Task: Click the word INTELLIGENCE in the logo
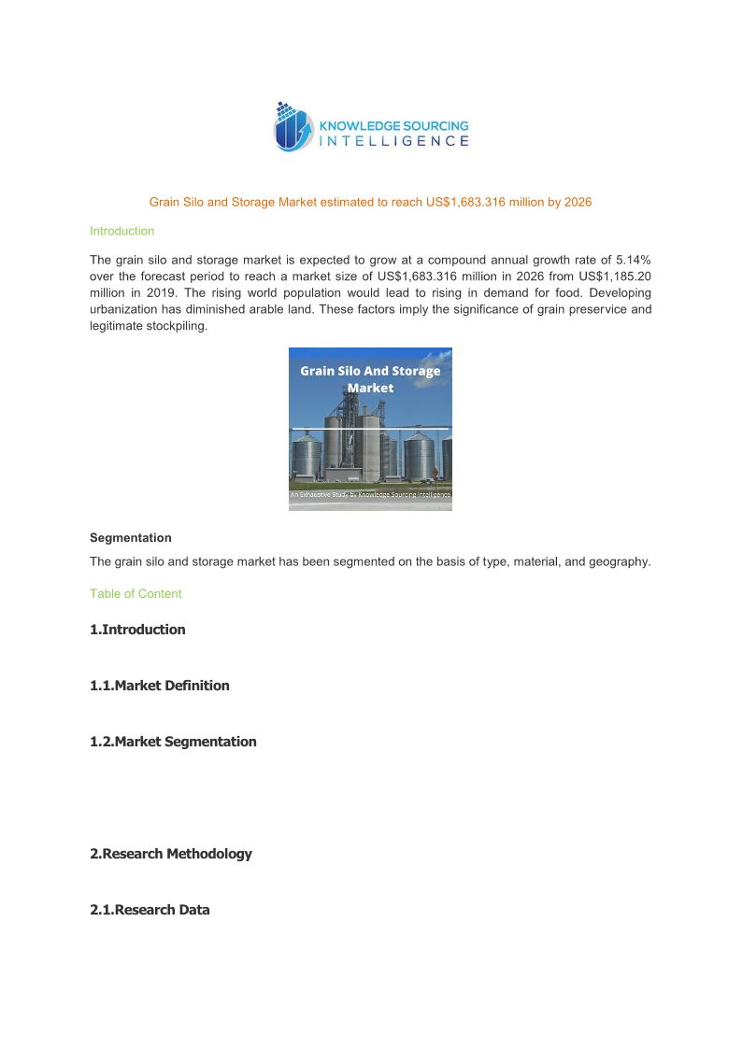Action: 393,141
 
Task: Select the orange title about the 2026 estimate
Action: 371,202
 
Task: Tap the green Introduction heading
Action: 121,231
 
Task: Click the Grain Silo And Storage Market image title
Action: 370,379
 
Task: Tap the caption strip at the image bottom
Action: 370,494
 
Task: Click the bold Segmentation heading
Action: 131,538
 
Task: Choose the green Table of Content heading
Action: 136,594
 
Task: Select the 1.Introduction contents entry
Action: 137,630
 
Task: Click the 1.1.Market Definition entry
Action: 160,686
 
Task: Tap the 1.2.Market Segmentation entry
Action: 173,742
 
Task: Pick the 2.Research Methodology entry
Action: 171,854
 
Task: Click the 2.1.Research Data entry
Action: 150,910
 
